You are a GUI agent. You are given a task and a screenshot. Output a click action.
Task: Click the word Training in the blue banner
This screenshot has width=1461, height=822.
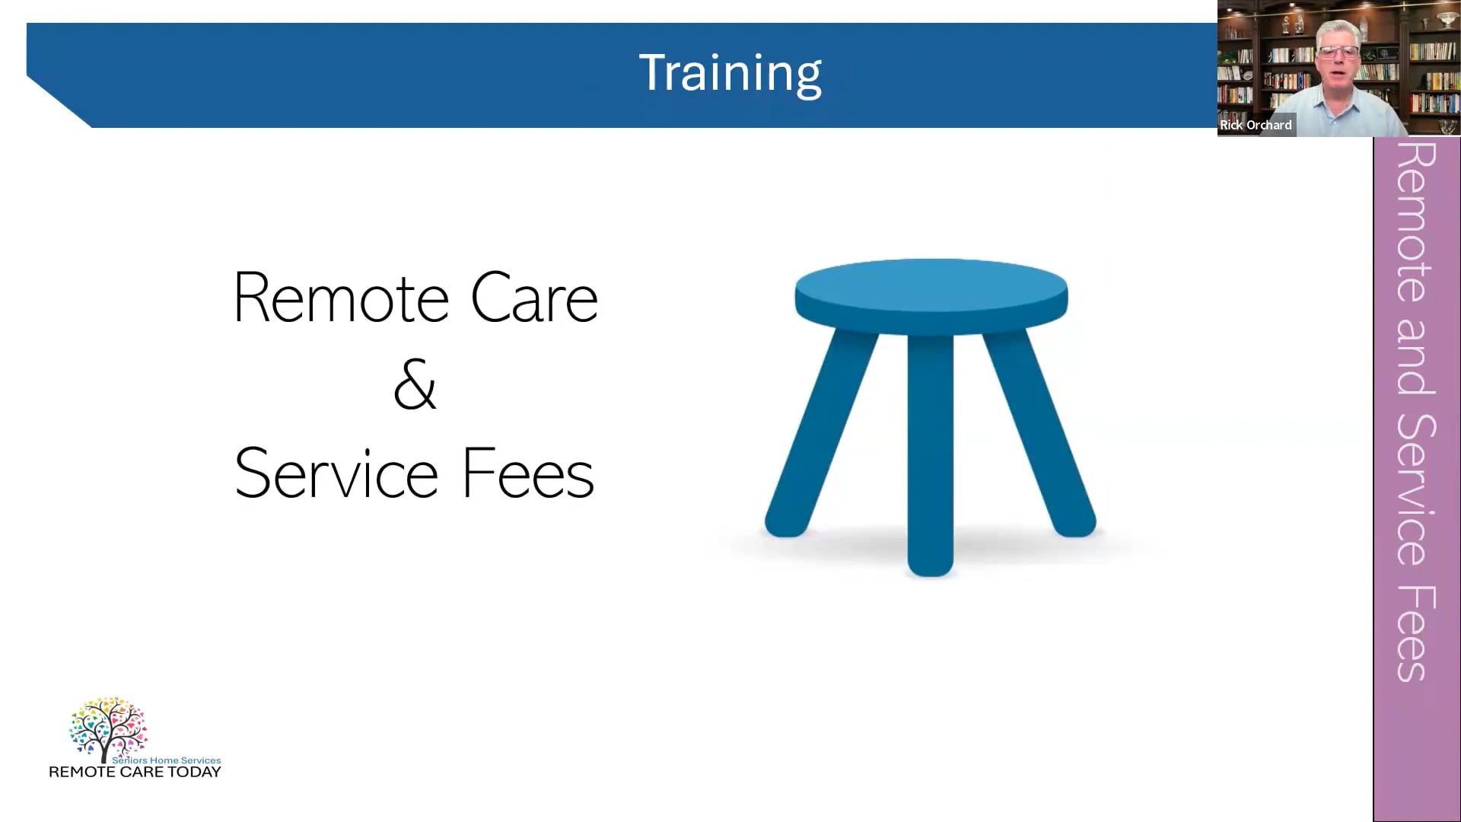coord(730,74)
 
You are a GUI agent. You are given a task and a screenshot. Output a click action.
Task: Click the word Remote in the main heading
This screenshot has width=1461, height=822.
coord(340,298)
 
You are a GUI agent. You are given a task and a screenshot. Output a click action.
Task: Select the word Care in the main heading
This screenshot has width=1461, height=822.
coord(534,298)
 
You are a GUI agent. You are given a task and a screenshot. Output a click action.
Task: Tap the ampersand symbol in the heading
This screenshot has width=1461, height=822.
coord(415,386)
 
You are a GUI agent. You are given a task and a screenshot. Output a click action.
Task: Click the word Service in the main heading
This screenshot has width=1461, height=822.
coord(336,473)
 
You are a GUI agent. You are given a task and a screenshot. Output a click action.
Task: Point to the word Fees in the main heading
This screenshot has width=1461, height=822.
coord(528,473)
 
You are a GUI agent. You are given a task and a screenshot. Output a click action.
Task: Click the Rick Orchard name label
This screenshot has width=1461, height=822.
coord(1256,125)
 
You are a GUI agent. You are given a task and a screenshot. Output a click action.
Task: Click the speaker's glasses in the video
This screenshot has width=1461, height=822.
coord(1338,53)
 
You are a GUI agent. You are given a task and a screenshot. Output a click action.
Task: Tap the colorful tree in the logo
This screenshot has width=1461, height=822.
coord(107,727)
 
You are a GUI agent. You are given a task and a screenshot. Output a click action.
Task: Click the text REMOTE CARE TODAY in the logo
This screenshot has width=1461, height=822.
coord(135,773)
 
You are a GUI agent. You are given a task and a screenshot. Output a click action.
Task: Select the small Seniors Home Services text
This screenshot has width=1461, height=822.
coord(166,760)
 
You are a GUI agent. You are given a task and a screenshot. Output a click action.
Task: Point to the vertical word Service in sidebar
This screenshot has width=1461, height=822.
coord(1416,491)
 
